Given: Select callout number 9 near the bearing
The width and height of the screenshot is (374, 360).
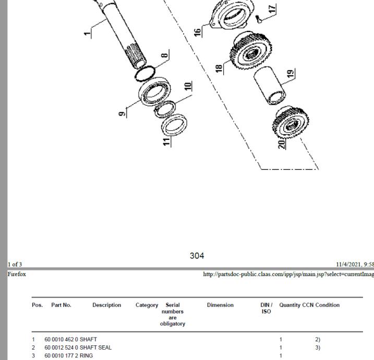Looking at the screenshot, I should click(121, 112).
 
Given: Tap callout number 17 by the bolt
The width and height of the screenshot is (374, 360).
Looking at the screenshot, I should click(271, 9).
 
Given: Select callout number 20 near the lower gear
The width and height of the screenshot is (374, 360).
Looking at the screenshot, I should click(282, 143).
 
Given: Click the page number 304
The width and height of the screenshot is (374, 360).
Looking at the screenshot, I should click(197, 256).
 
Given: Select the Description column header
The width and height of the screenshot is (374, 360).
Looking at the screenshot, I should click(106, 305).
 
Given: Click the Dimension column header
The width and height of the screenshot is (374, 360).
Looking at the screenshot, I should click(220, 305).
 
